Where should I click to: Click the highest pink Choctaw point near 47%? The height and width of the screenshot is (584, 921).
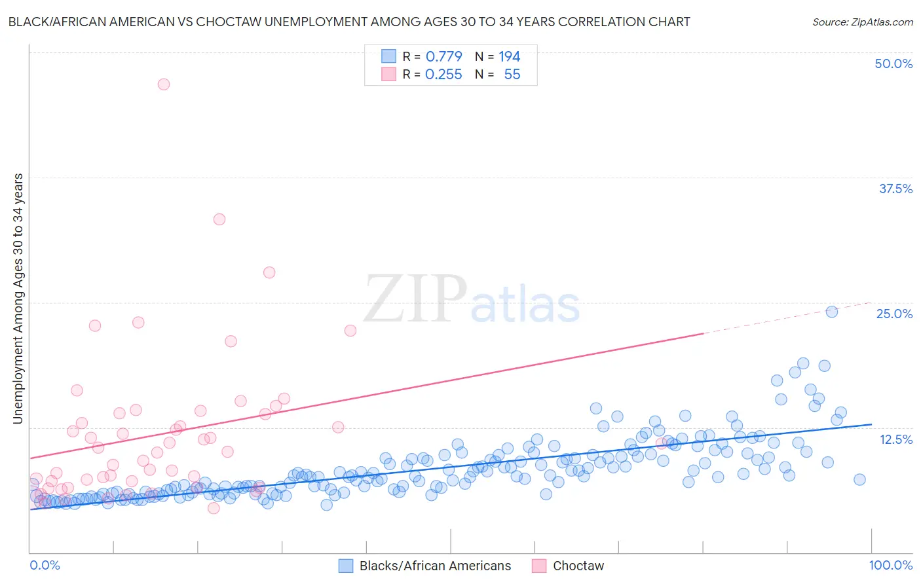164,84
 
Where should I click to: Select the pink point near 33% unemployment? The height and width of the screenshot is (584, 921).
219,219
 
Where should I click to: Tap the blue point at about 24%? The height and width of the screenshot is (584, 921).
832,312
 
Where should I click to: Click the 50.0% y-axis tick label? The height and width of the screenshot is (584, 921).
893,64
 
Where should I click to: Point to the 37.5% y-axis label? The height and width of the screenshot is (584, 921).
895,189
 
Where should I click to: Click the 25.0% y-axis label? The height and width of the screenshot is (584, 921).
894,314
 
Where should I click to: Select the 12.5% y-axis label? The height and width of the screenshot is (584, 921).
895,439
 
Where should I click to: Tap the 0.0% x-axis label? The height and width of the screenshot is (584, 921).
45,565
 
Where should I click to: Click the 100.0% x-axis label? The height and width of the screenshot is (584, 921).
890,565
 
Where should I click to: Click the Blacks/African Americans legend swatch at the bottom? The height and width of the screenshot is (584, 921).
346,566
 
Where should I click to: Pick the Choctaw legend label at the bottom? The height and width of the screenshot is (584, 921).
578,566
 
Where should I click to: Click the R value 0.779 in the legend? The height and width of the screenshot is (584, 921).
443,57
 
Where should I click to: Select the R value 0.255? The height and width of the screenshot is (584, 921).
443,75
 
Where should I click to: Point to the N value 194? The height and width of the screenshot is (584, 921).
509,57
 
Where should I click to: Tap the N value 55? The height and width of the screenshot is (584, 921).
512,75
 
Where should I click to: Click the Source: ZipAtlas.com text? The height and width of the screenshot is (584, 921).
862,22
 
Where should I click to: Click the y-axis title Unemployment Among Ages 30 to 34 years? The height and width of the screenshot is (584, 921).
18,299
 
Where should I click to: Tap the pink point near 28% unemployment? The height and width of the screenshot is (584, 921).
269,272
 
